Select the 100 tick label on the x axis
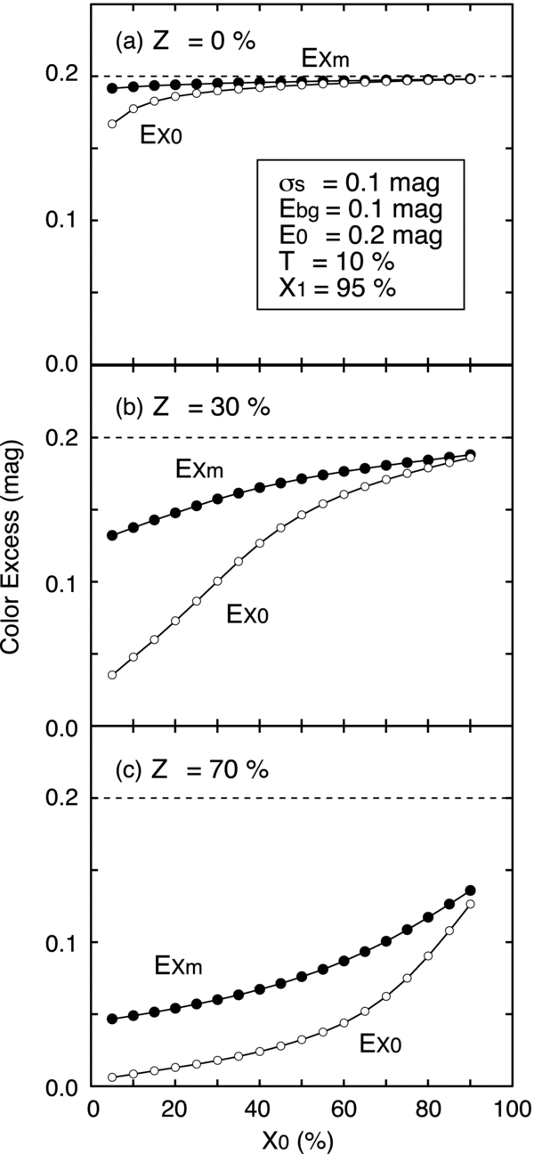tap(511, 1109)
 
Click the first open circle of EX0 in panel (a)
tap(112, 124)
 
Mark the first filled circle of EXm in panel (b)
tap(112, 535)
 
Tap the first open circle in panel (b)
tap(112, 675)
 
